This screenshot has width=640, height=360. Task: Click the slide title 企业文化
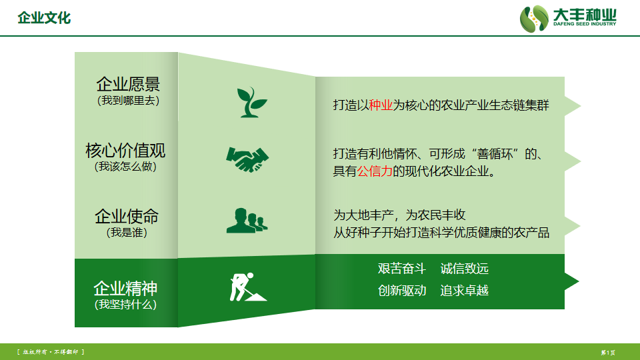(44, 18)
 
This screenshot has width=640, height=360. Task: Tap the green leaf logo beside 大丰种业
(534, 19)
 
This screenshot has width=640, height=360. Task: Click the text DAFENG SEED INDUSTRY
(585, 24)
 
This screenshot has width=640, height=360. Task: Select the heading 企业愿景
(128, 84)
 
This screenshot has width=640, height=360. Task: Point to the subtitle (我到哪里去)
(128, 101)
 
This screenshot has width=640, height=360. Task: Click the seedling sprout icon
(252, 102)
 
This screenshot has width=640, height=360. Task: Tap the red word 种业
(381, 105)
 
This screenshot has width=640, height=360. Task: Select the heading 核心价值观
(125, 150)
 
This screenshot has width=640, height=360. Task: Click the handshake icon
(247, 159)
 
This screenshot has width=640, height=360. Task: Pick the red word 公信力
(375, 171)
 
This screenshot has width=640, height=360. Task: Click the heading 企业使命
(127, 216)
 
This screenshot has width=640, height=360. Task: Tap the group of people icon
(247, 221)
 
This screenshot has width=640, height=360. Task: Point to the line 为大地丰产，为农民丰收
(399, 215)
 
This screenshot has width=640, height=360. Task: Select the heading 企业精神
(125, 289)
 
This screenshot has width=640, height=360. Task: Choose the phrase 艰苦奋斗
(402, 269)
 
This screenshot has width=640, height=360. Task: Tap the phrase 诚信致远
(465, 269)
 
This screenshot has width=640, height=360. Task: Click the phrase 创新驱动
(402, 291)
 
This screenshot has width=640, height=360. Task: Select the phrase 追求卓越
(465, 291)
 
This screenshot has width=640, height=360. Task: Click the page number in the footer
(608, 352)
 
